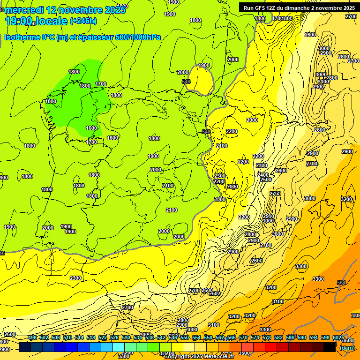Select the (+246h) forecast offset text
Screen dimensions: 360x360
coord(83,21)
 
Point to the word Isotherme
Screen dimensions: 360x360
coord(22,37)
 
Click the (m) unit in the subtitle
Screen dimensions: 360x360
coord(62,37)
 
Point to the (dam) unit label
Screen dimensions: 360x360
coord(347,347)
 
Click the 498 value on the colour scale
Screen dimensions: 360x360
coord(32,338)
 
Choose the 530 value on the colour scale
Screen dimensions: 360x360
coord(126,338)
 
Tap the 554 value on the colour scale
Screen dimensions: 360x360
coord(196,338)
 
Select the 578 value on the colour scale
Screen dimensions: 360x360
coord(267,338)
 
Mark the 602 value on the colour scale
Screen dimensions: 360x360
coord(337,338)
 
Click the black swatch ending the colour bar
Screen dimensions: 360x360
coord(330,347)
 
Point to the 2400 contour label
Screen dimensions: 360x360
coord(263,175)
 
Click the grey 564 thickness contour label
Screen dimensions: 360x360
coord(341,283)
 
